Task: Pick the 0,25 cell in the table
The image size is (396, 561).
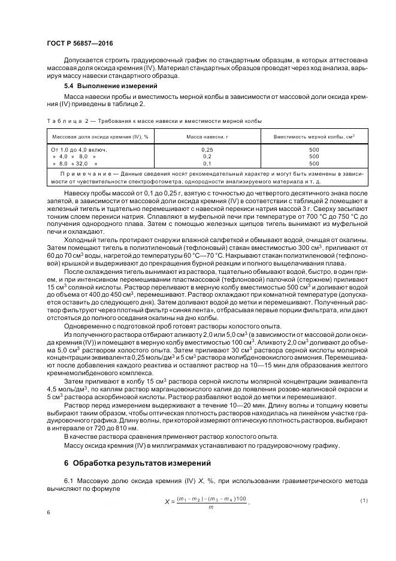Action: [207, 149]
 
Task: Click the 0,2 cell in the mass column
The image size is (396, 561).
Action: [207, 156]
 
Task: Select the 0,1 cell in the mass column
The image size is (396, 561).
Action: [207, 163]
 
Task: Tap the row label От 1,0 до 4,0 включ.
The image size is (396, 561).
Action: [83, 149]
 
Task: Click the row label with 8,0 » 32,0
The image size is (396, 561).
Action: [75, 163]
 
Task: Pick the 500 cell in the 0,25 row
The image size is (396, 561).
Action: [314, 149]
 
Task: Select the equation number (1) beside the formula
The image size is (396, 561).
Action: [363, 500]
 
